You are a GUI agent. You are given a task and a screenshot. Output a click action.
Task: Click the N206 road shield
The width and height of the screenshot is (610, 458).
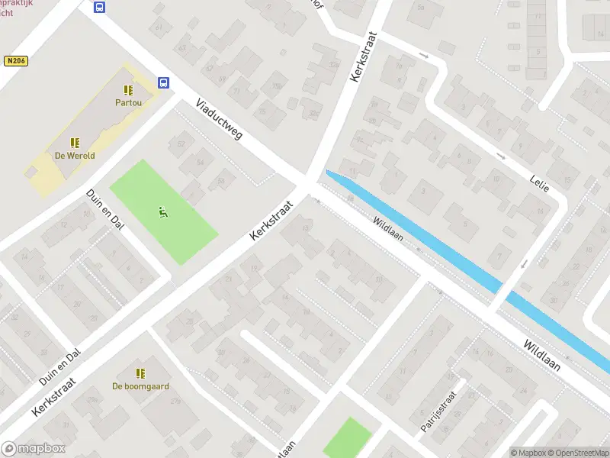[15, 60]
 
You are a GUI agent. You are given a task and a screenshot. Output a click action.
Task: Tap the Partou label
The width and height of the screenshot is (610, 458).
[128, 102]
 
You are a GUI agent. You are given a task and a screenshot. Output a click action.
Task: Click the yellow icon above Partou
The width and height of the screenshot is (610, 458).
[128, 90]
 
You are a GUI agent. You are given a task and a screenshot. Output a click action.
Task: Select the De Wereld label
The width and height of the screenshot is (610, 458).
[75, 155]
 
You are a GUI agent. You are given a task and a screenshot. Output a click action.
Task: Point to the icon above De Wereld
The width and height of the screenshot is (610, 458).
[75, 143]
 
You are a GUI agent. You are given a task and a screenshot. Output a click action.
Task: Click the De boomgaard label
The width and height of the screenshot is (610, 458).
[140, 385]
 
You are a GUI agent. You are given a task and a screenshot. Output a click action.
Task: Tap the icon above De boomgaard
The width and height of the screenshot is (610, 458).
[140, 373]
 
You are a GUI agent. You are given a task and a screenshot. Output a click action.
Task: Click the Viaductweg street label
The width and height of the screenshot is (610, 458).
[219, 119]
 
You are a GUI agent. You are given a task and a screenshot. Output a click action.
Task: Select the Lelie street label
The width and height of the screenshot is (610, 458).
[540, 182]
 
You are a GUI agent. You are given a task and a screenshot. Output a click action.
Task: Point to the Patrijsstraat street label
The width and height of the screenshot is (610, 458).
[438, 412]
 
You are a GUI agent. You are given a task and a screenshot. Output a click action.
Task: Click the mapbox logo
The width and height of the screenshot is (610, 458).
[33, 449]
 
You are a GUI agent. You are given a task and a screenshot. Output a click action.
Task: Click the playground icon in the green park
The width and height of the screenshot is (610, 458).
[162, 211]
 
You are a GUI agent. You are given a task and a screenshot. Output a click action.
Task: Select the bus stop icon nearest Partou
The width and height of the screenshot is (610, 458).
[163, 82]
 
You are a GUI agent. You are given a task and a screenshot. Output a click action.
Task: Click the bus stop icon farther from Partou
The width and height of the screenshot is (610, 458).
[100, 8]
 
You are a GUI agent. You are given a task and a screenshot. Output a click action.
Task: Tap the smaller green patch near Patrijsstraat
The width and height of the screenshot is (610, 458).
[348, 438]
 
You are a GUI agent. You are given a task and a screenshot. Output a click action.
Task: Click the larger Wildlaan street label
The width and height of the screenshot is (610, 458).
[542, 356]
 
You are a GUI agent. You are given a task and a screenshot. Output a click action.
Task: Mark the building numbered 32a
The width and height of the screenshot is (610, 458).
[313, 114]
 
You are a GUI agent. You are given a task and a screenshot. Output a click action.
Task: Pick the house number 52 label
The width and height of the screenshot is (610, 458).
[181, 144]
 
